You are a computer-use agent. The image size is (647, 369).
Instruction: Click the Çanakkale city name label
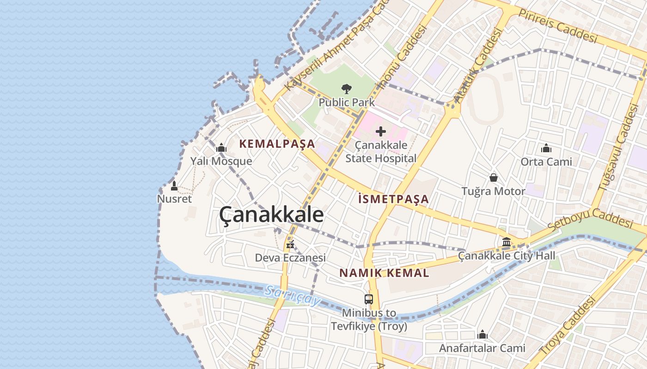click(271, 215)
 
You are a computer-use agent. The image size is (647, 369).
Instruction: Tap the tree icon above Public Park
click(347, 89)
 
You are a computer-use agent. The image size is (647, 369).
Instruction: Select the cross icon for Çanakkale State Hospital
click(381, 132)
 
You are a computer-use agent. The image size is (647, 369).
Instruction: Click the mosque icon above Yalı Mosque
click(221, 148)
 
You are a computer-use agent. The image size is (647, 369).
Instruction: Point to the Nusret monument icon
click(174, 186)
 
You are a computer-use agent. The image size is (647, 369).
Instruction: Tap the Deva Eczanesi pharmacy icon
click(290, 244)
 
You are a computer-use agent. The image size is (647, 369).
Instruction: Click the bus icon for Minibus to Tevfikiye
click(368, 299)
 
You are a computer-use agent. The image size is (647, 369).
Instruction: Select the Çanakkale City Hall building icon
click(506, 242)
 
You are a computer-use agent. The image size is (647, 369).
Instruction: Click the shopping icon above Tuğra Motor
click(494, 178)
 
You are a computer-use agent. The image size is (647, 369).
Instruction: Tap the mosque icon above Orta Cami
click(546, 148)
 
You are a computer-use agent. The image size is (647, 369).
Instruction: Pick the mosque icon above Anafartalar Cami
click(482, 334)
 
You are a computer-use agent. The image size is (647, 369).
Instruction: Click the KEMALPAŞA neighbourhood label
click(277, 144)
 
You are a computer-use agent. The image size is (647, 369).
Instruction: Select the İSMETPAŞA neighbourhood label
click(393, 199)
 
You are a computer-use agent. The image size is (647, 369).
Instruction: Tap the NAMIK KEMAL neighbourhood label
click(384, 273)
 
